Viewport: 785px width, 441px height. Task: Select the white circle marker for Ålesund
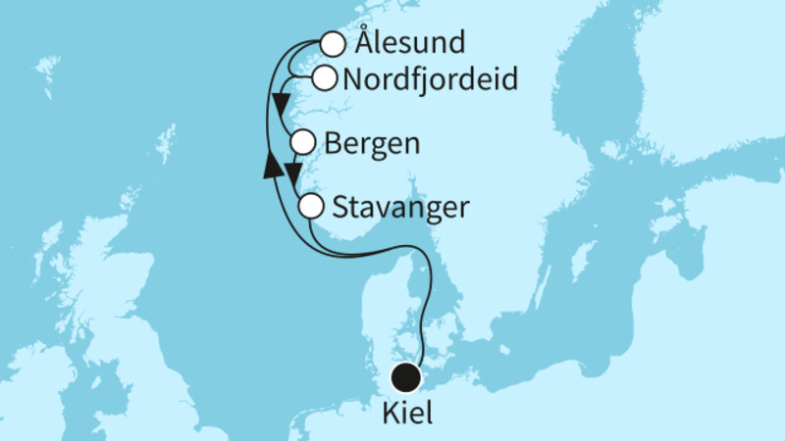[x=334, y=44]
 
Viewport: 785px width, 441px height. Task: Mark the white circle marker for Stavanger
[x=310, y=207]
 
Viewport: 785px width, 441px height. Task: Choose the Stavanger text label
[x=400, y=208]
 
